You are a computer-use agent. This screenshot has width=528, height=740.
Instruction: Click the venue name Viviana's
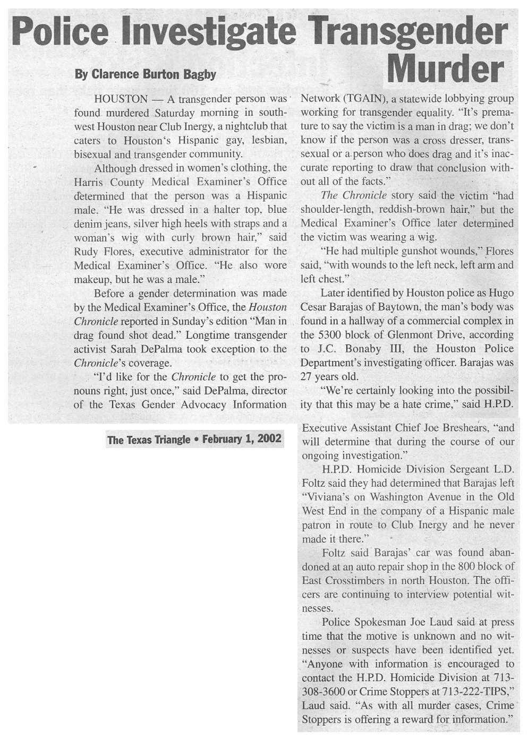point(327,497)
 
